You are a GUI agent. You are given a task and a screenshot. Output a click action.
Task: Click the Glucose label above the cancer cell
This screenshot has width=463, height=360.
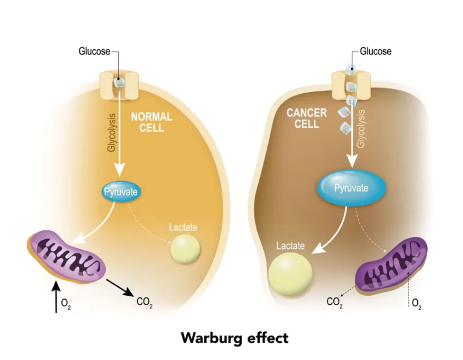tap(375, 52)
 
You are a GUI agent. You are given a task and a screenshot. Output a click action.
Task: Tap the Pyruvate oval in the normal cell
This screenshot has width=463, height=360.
tap(121, 192)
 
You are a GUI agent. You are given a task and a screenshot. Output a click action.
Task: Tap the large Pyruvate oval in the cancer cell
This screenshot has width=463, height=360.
tap(351, 188)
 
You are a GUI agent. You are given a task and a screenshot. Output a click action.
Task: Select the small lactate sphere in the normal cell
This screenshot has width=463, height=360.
tap(185, 249)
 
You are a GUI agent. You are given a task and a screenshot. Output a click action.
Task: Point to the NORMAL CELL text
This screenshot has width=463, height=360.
tap(151, 122)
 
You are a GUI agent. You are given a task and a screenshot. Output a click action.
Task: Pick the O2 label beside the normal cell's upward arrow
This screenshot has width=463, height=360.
tap(65, 302)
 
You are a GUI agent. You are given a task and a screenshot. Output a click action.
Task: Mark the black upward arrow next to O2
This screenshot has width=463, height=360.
tap(55, 295)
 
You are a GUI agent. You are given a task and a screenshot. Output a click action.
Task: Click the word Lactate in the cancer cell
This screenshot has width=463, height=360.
tap(290, 245)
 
